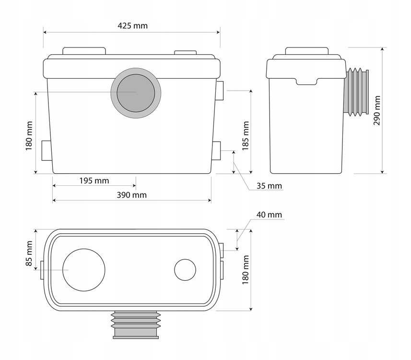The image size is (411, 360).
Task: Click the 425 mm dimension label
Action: pos(132,26)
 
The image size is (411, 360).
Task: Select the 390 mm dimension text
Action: pos(132,195)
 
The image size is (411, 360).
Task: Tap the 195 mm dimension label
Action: pos(94,181)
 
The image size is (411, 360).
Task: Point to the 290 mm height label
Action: pos(377,110)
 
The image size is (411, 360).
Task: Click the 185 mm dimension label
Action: pos(246,136)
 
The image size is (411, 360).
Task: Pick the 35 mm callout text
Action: pos(269,186)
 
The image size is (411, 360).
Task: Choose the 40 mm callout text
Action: pos(269,215)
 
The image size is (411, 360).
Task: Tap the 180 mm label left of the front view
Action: pos(29,136)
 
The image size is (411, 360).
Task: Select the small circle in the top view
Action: pos(185,270)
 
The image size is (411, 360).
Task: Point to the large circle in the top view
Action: pos(84,270)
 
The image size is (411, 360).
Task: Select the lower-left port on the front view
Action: pos(47,151)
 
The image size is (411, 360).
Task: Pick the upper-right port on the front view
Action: pos(219,91)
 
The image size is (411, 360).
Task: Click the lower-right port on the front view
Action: pos(217,151)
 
